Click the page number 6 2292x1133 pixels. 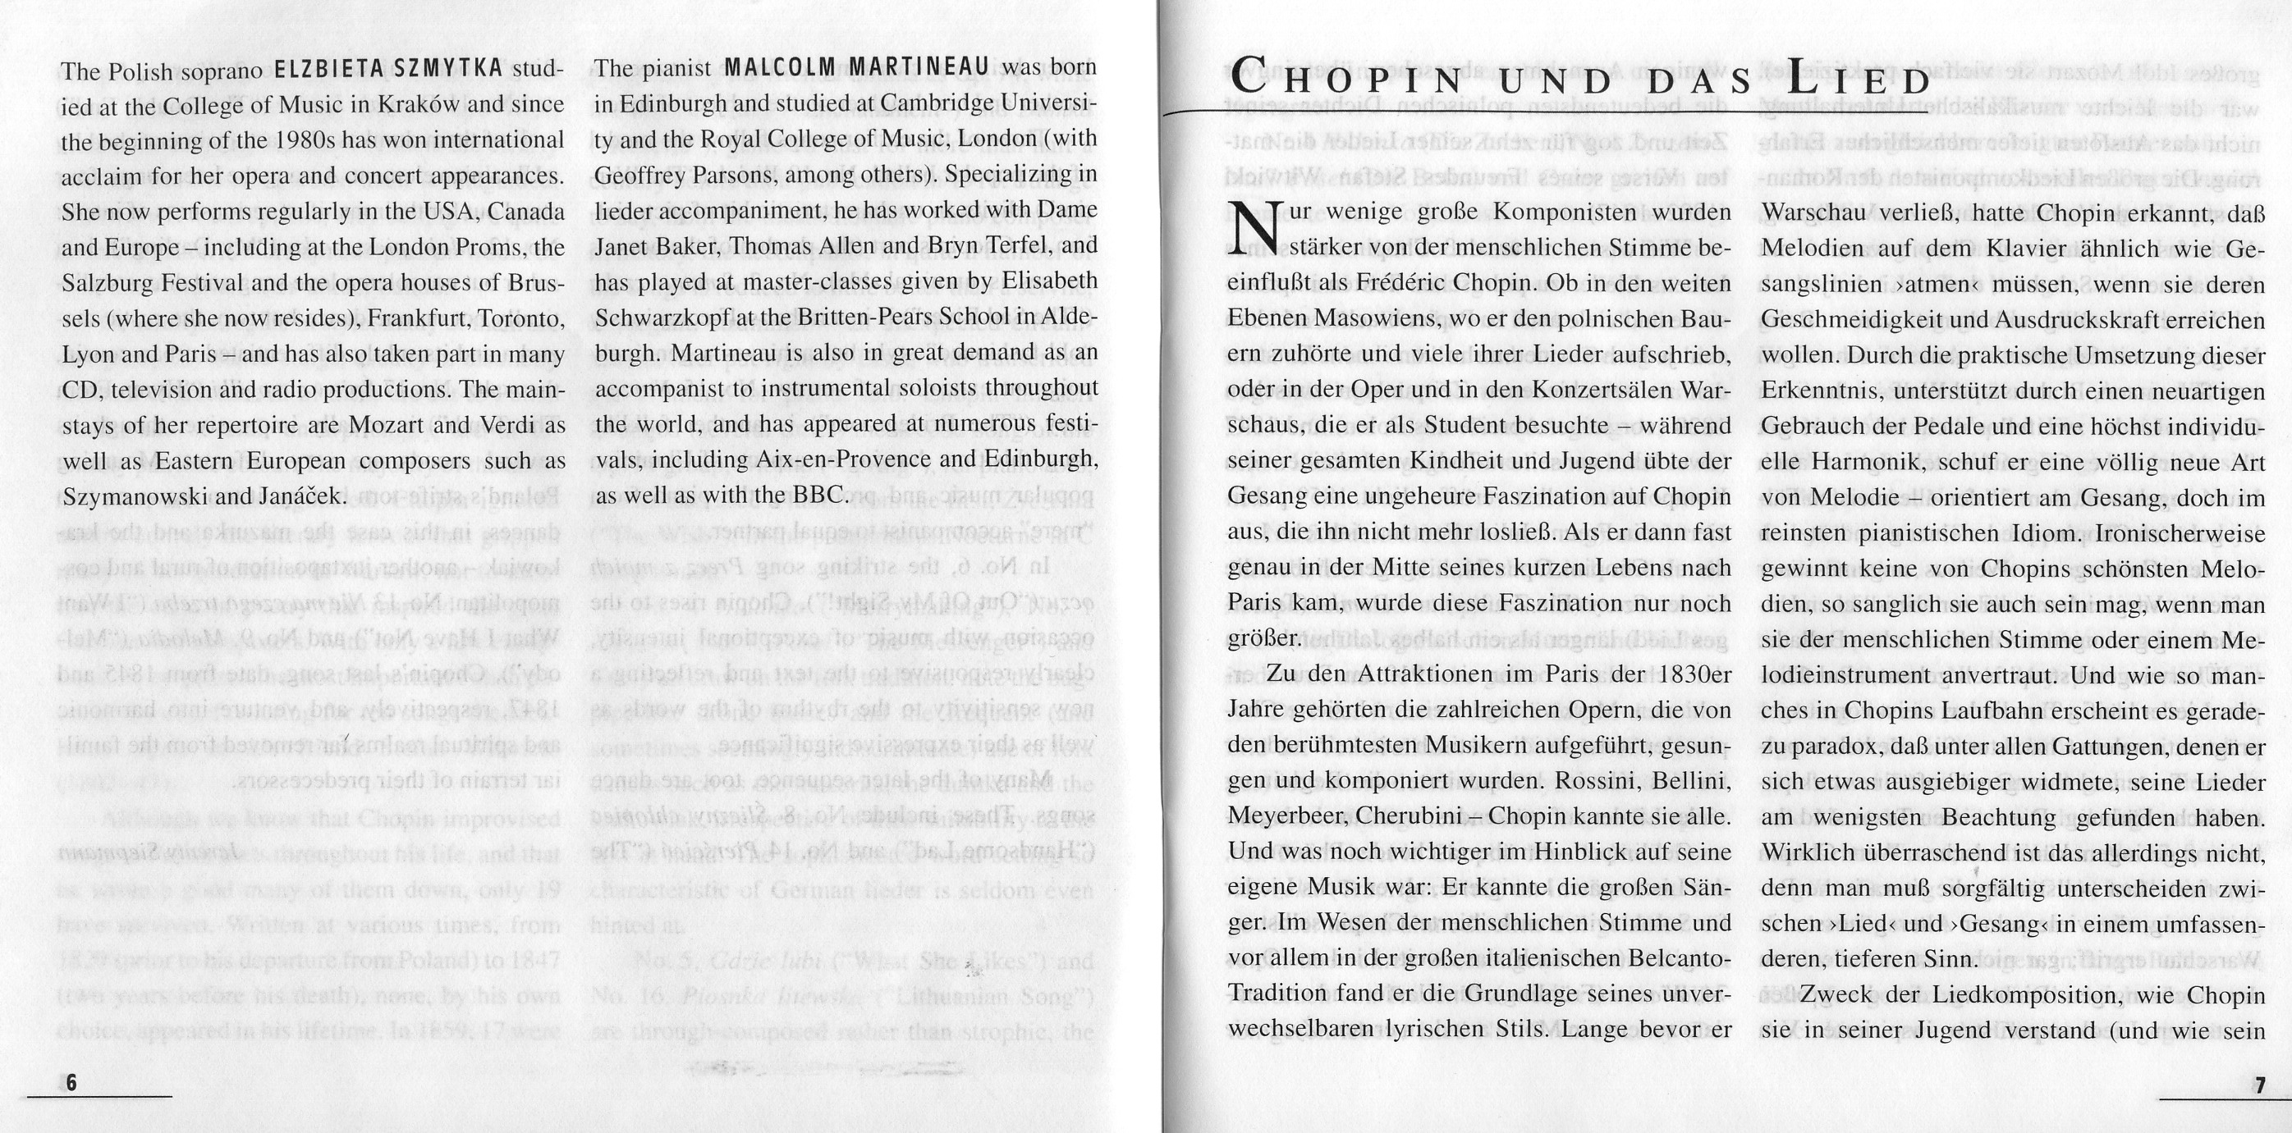coord(71,1083)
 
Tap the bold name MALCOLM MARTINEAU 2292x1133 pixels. coord(857,67)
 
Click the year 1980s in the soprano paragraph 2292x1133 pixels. coord(311,140)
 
